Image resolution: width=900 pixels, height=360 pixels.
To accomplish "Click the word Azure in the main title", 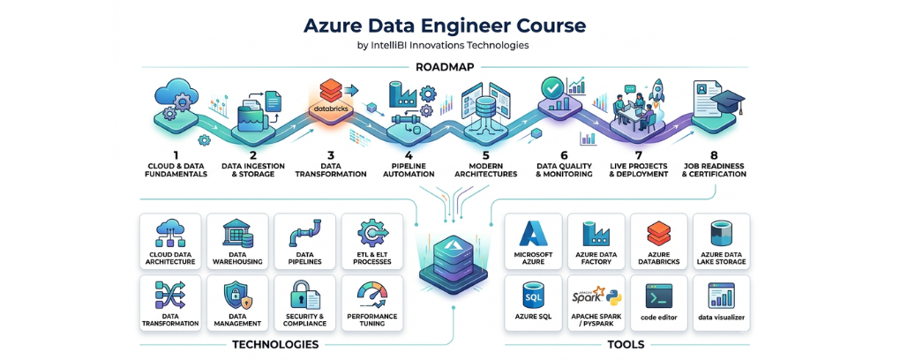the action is pos(332,26).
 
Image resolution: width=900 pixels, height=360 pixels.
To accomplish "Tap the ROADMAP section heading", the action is pos(445,67).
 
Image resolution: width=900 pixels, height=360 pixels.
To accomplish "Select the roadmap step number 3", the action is pos(331,155).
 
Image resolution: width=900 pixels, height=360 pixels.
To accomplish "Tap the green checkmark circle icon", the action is pos(551,88).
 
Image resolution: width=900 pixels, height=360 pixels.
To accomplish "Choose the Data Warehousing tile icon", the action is pos(237,233).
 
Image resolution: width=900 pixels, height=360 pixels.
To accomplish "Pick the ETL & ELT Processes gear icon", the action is pos(372,233).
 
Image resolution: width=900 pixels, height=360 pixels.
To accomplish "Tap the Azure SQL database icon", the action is pos(533,295).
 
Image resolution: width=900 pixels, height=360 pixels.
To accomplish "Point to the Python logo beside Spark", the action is pos(613,296).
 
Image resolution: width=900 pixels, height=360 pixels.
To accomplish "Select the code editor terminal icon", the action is pos(659,296).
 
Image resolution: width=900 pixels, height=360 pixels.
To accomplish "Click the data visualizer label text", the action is pos(722,317).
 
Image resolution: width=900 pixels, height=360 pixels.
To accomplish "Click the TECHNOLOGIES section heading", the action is pos(275,344).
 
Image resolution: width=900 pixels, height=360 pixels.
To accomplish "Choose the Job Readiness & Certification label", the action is pos(714,170).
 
